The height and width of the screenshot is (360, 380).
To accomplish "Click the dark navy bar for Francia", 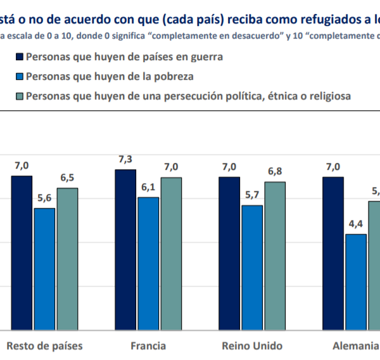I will pos(125,250).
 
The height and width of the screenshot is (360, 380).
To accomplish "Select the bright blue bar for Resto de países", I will pos(44,269).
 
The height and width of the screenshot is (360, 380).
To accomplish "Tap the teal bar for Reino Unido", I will pos(275,256).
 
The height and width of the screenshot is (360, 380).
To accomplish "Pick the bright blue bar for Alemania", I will pos(356,282).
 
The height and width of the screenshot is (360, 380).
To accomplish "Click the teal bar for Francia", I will pos(171,254).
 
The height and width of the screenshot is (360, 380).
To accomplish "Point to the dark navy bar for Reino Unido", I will pos(229,254).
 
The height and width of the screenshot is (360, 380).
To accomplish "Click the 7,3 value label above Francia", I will pos(125,159).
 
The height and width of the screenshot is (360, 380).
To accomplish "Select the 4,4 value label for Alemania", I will pos(356,224).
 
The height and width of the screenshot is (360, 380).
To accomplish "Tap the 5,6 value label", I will pos(44,198).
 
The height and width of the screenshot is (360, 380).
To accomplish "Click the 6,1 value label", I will pos(148,187).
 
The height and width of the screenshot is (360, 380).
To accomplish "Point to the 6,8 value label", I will pos(275,172).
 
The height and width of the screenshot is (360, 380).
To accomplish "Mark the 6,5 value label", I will pos(67,177).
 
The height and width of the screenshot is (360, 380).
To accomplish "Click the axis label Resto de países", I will pos(44,346).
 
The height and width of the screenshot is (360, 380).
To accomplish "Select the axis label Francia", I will pos(148,346).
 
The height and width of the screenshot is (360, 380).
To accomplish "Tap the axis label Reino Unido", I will pos(252,346).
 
